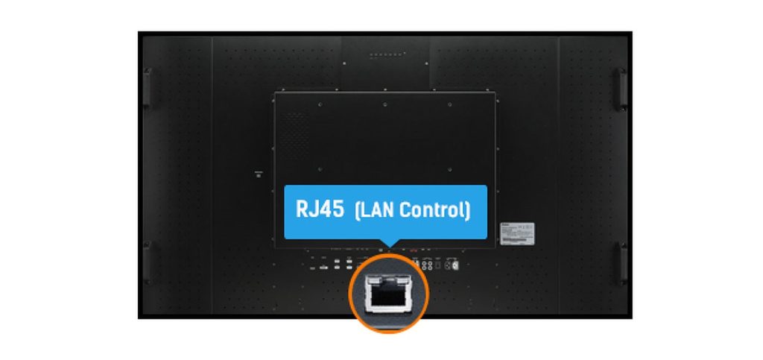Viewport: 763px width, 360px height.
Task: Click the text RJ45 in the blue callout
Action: [x=320, y=209]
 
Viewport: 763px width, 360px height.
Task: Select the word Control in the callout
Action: [x=432, y=210]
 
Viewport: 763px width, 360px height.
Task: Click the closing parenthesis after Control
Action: [x=468, y=210]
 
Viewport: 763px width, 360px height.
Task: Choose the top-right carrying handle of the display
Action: [x=620, y=88]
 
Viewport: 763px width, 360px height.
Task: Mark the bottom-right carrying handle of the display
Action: [x=620, y=262]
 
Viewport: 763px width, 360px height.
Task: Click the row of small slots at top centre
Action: [x=385, y=54]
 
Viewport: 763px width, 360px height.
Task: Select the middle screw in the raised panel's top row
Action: [x=384, y=104]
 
